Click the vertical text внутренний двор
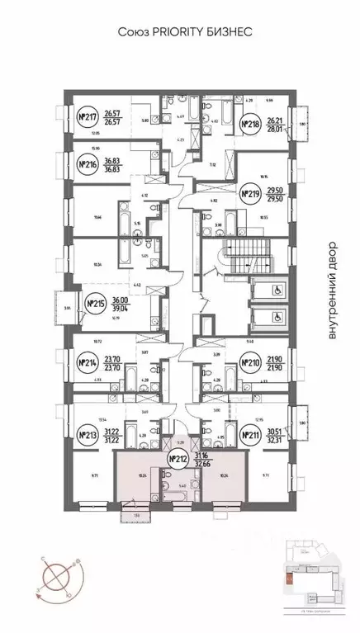[x=333, y=290]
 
